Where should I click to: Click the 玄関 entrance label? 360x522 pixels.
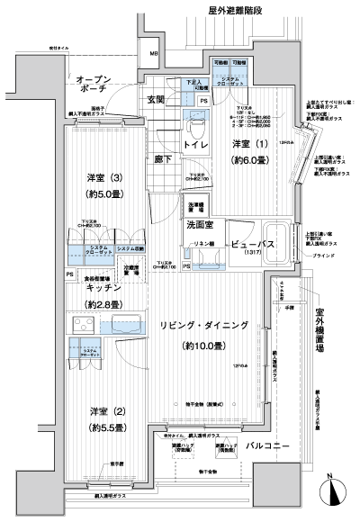(x=155, y=99)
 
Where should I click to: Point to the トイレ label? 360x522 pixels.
(x=198, y=144)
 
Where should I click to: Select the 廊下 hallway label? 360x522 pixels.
(x=163, y=158)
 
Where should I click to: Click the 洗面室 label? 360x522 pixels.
(x=199, y=225)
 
